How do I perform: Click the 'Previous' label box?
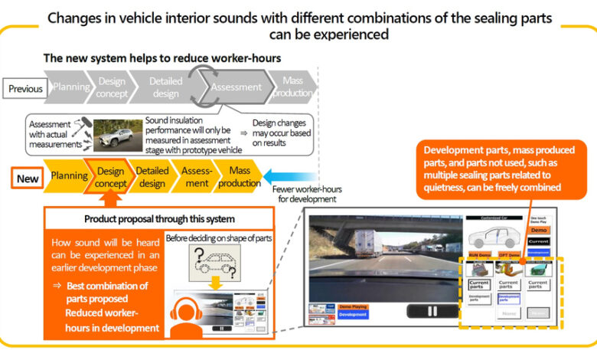[x=26, y=89]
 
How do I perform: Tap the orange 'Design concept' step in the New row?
[x=111, y=178]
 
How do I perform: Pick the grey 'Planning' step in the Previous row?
[x=70, y=87]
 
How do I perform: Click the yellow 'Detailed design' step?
[x=152, y=178]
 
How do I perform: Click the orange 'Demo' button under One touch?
[x=539, y=230]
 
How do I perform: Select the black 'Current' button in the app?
[x=539, y=242]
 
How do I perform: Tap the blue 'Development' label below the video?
[x=354, y=315]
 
